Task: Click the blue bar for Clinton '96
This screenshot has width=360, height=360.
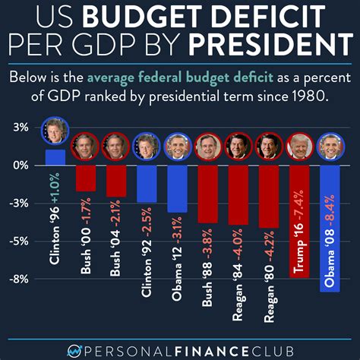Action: [55, 157]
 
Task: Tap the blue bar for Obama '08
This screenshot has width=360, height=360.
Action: [330, 228]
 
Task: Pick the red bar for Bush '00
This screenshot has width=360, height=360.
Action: [85, 178]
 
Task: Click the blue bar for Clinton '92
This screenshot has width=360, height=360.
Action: [147, 184]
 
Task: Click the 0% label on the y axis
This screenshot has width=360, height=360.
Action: [21, 165]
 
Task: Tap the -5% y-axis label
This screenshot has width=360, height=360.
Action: [21, 241]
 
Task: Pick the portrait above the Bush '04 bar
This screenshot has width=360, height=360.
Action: [115, 147]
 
